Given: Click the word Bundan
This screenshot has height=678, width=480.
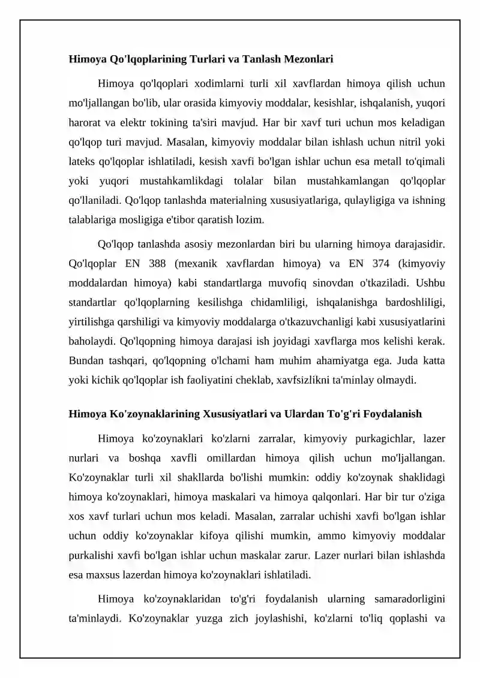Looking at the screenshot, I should point(85,360).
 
